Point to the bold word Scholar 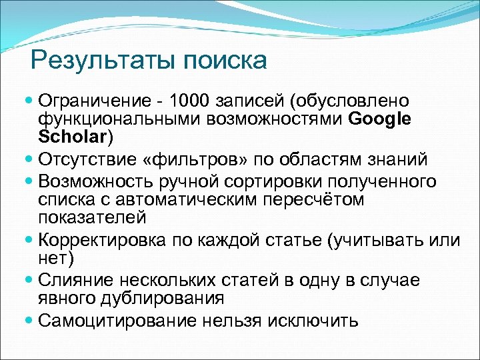coord(73,137)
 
